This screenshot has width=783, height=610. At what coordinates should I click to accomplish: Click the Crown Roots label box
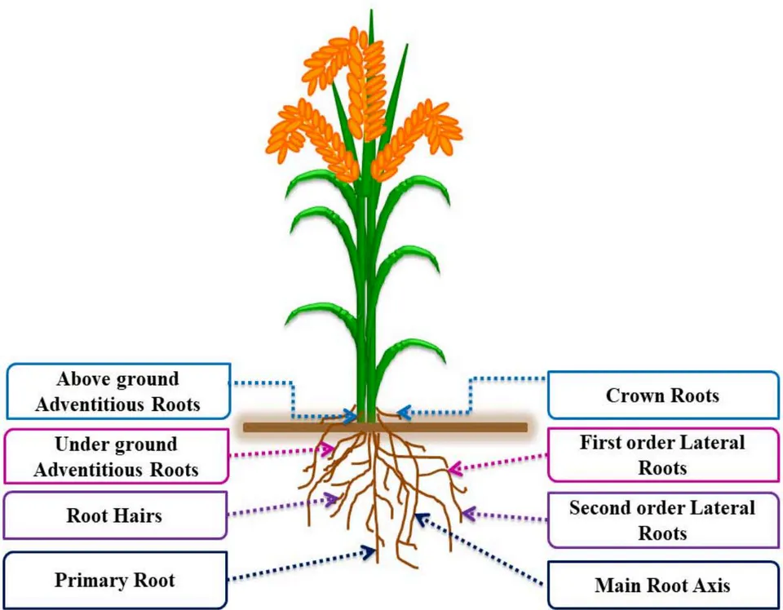click(663, 396)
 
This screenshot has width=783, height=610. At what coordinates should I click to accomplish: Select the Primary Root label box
click(115, 580)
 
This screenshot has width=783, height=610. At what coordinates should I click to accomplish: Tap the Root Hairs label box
click(115, 515)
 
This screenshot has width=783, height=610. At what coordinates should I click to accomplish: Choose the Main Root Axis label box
click(663, 585)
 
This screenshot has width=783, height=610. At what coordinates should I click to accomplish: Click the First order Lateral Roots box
click(663, 455)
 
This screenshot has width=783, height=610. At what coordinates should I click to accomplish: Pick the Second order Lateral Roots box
click(663, 520)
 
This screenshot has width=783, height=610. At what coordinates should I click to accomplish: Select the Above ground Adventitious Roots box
click(118, 391)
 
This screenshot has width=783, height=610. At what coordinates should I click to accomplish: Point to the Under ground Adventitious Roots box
click(116, 456)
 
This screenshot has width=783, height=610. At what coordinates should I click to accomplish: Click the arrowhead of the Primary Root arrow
click(370, 551)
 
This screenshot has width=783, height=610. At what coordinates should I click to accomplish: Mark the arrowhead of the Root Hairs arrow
click(332, 498)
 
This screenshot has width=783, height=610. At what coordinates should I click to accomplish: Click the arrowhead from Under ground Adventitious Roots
click(327, 450)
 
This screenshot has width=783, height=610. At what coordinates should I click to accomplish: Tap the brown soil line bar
click(385, 427)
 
